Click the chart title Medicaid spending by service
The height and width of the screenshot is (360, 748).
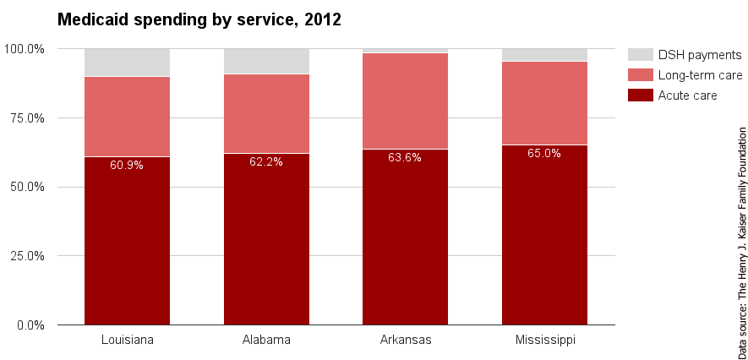pyautogui.click(x=199, y=19)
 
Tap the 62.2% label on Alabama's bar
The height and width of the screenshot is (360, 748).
pyautogui.click(x=266, y=161)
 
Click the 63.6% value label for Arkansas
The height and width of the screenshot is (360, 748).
pyautogui.click(x=405, y=157)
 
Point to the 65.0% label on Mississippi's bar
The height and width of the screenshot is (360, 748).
pyautogui.click(x=544, y=154)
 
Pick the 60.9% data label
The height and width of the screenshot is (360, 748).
pyautogui.click(x=127, y=165)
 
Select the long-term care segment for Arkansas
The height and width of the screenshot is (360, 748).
pyautogui.click(x=405, y=101)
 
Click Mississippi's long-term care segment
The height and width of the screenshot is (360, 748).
pyautogui.click(x=544, y=103)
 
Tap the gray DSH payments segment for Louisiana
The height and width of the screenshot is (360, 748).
pyautogui.click(x=127, y=63)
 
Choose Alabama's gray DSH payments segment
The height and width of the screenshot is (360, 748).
pyautogui.click(x=266, y=62)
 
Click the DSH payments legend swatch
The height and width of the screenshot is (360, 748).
pyautogui.click(x=641, y=55)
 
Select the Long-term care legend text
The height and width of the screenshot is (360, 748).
pyautogui.click(x=700, y=75)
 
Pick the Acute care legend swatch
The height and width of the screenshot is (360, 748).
pyautogui.click(x=641, y=95)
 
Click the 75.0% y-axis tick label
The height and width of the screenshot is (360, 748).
pyautogui.click(x=26, y=118)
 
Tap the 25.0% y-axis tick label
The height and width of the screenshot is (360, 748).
pyautogui.click(x=26, y=256)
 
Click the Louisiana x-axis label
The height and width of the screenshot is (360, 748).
pyautogui.click(x=127, y=341)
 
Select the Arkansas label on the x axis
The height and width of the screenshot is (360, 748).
pyautogui.click(x=405, y=341)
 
